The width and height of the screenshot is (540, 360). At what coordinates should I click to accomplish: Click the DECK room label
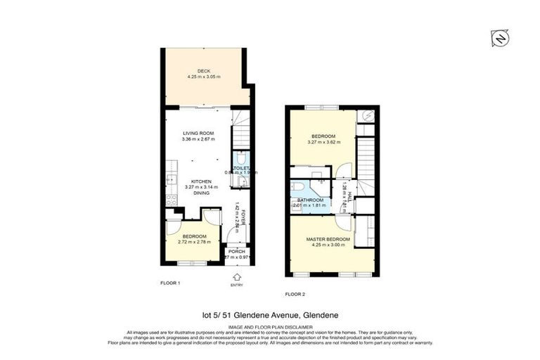click(204, 70)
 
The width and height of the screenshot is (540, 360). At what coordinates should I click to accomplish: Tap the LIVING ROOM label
click(198, 133)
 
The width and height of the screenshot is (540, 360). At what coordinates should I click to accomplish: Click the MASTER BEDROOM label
click(328, 240)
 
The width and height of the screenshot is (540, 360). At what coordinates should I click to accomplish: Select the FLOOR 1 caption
click(171, 282)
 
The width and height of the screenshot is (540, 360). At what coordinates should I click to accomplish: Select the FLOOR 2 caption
click(295, 293)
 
